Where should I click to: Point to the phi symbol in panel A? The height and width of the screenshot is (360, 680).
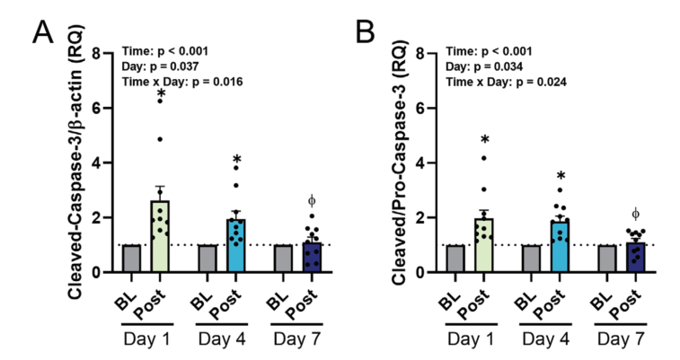[312, 198]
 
